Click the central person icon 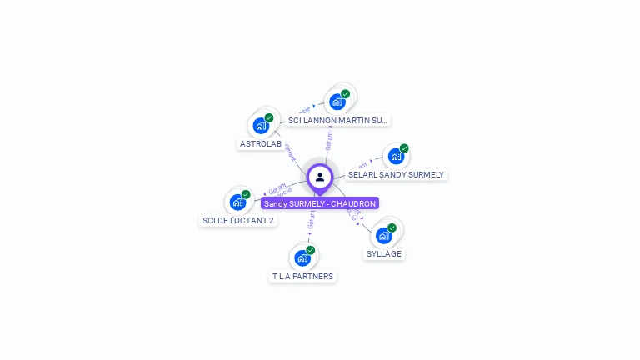click(x=320, y=177)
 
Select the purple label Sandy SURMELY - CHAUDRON click(x=320, y=203)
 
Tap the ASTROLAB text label click(x=261, y=143)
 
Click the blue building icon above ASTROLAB click(x=261, y=126)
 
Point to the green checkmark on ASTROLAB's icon click(x=269, y=118)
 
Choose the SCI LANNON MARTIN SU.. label click(x=337, y=120)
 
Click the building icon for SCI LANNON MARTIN click(x=337, y=102)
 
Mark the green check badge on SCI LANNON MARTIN click(x=345, y=94)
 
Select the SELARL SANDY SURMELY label click(x=396, y=175)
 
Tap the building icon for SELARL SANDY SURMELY click(x=396, y=156)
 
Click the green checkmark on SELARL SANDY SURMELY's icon click(x=404, y=148)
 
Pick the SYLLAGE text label click(x=384, y=253)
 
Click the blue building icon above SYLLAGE click(x=383, y=235)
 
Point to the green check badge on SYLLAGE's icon click(x=392, y=227)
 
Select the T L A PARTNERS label click(x=302, y=276)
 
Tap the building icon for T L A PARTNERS click(x=302, y=257)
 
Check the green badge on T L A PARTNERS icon click(x=310, y=250)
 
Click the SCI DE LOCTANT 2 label click(x=237, y=221)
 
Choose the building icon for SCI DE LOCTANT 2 click(x=237, y=202)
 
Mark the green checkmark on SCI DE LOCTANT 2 click(x=246, y=194)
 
